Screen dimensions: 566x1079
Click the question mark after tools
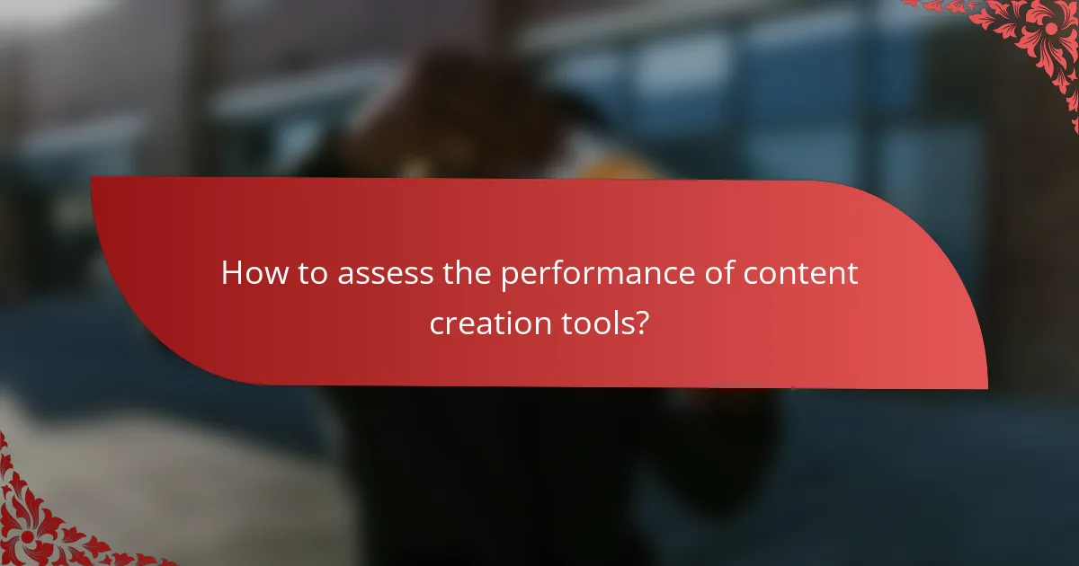(641, 322)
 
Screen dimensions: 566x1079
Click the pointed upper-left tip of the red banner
(93, 179)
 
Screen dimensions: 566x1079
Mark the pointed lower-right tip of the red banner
(985, 387)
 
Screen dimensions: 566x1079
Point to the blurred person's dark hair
(468, 99)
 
